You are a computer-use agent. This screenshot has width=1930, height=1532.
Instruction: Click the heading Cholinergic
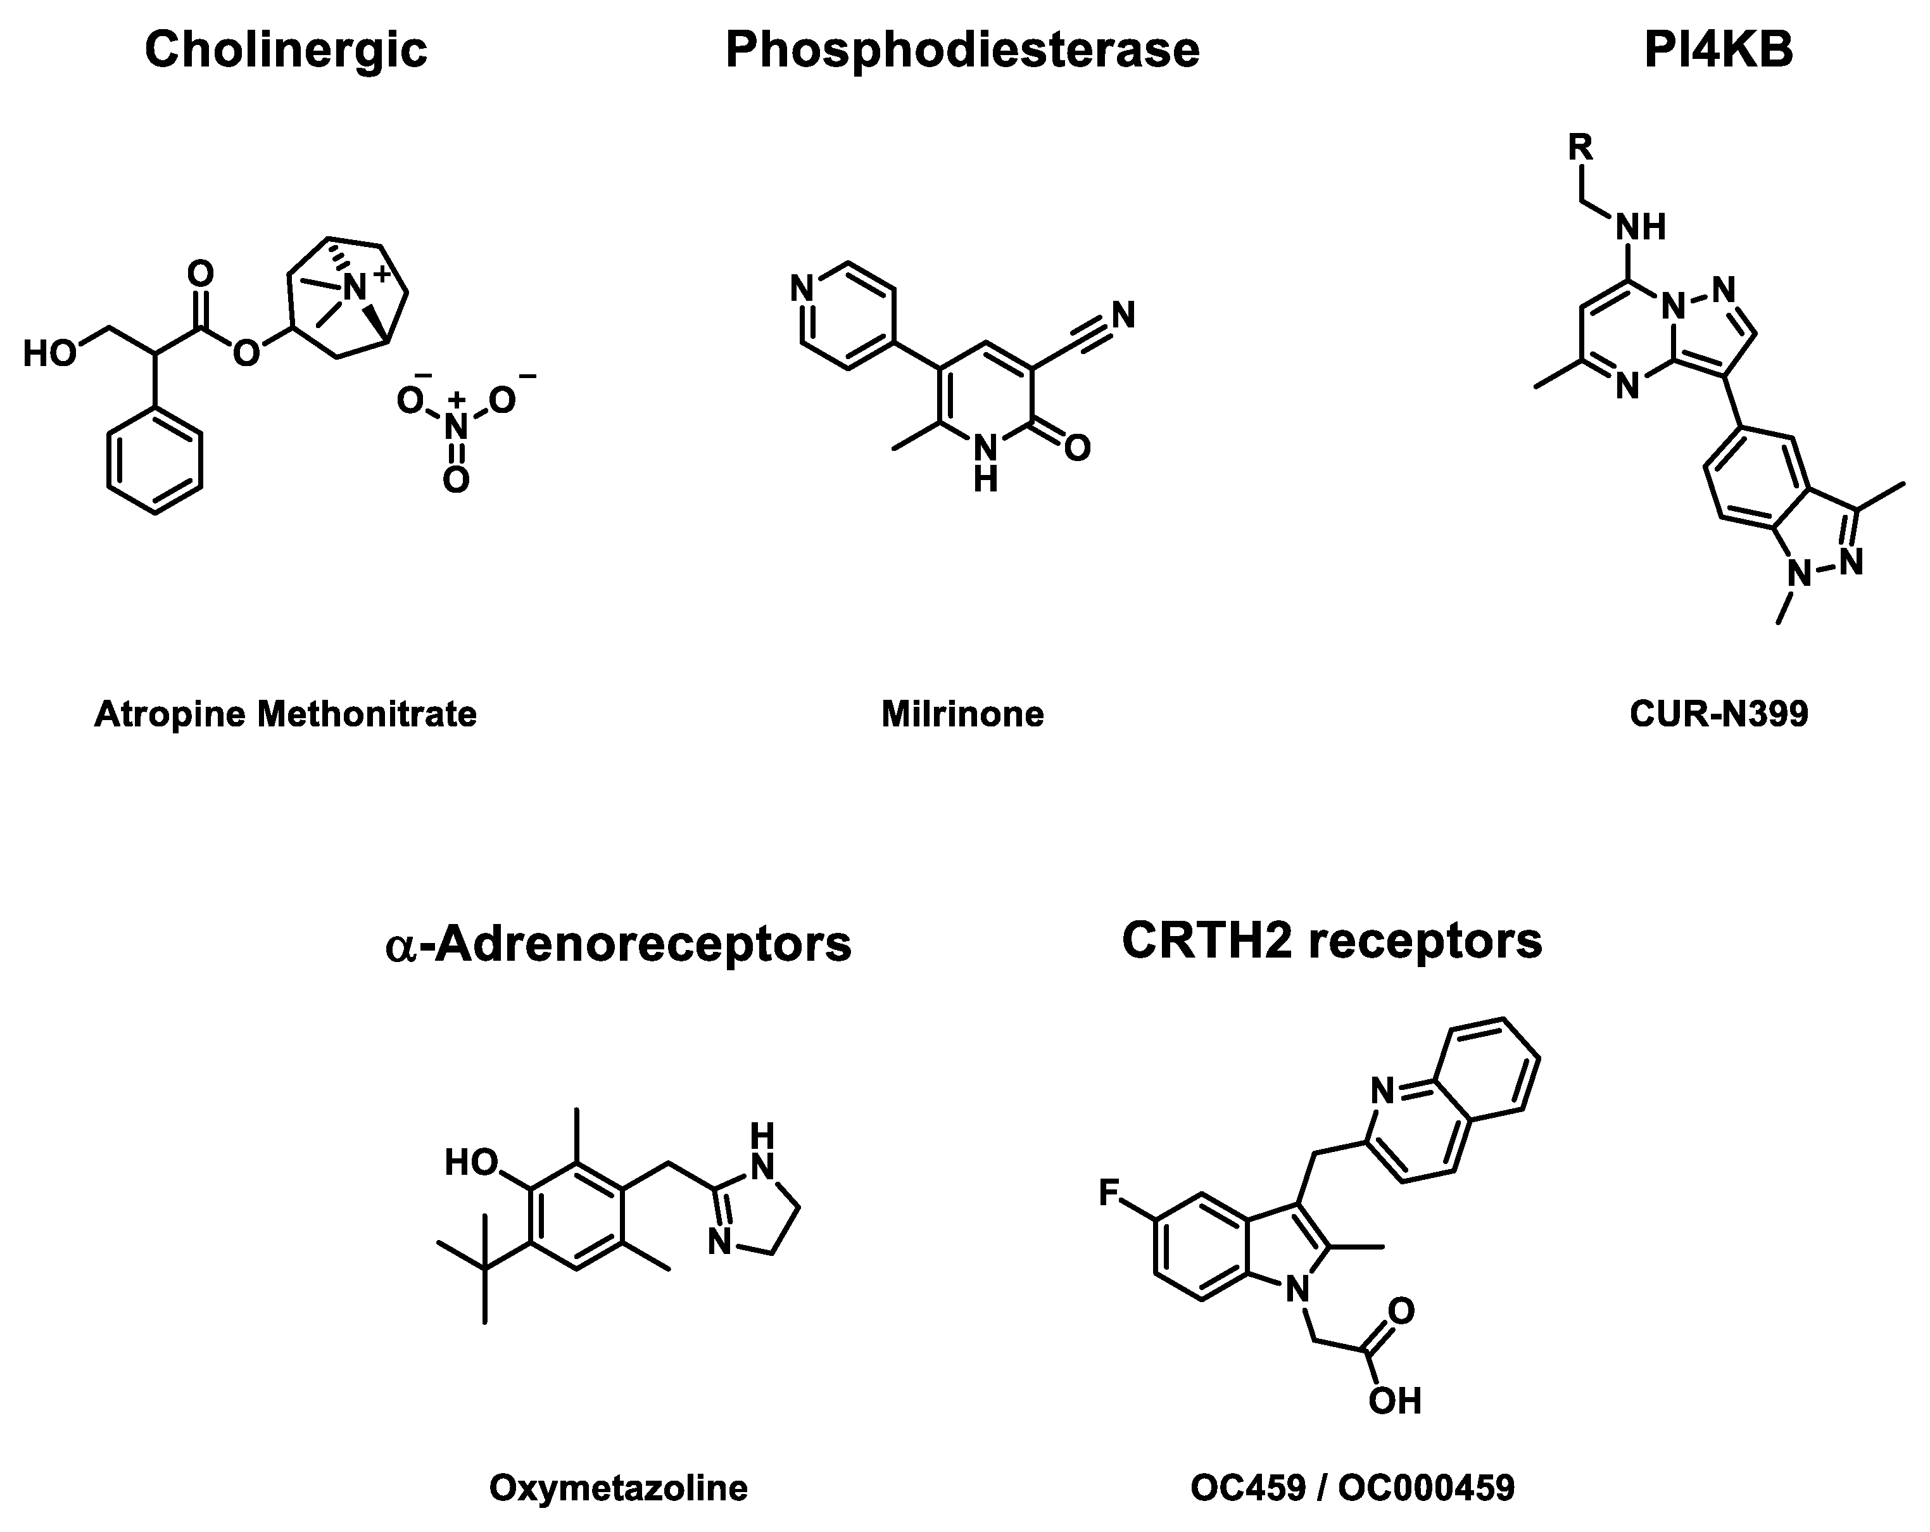(x=286, y=50)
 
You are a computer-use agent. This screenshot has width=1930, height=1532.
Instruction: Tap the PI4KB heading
(x=1718, y=50)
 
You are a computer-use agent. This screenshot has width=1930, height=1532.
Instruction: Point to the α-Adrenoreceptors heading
(x=617, y=944)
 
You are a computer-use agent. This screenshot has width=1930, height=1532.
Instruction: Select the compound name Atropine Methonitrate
(x=286, y=714)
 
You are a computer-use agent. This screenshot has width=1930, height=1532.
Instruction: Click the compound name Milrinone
(x=962, y=714)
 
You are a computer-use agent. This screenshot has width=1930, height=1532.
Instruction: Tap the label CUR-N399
(x=1719, y=714)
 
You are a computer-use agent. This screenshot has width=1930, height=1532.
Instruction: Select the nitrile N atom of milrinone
(x=1123, y=315)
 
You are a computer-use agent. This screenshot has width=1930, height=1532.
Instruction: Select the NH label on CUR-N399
(x=1640, y=227)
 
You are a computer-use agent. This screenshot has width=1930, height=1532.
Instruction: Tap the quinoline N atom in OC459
(x=1383, y=1091)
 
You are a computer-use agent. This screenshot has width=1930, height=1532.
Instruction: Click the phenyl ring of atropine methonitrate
(x=155, y=461)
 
